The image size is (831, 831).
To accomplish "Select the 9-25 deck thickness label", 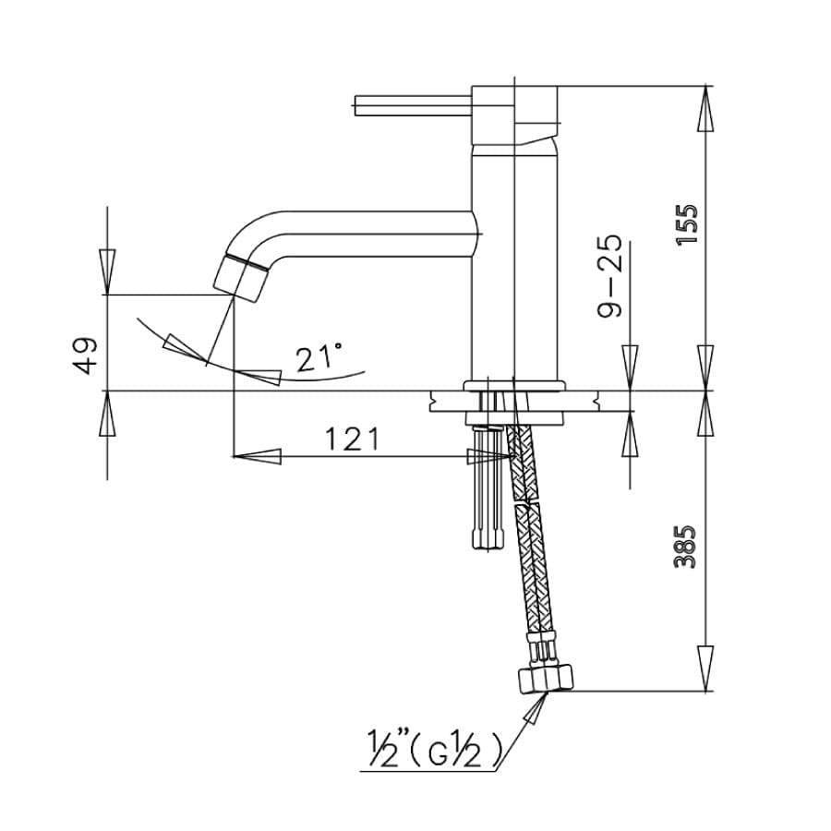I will (x=611, y=276).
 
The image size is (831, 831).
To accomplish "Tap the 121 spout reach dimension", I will (x=351, y=440).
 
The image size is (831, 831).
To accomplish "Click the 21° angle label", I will (x=319, y=356).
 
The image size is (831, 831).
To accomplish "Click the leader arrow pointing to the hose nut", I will (x=535, y=709).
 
